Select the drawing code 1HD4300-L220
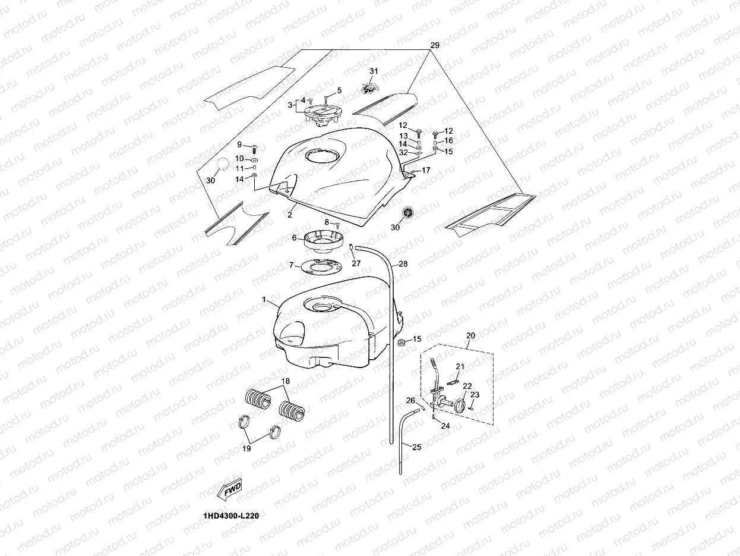tap(231, 516)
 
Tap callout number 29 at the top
tap(434, 46)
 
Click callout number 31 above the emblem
tap(374, 71)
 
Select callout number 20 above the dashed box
tap(470, 336)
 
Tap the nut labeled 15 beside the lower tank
tap(401, 341)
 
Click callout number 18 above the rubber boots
tap(286, 381)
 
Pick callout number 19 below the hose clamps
tap(246, 449)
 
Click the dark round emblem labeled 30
tap(408, 213)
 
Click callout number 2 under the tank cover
tap(290, 214)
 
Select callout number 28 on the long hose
tap(403, 263)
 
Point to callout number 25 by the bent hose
tap(416, 447)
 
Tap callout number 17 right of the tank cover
tap(425, 171)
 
